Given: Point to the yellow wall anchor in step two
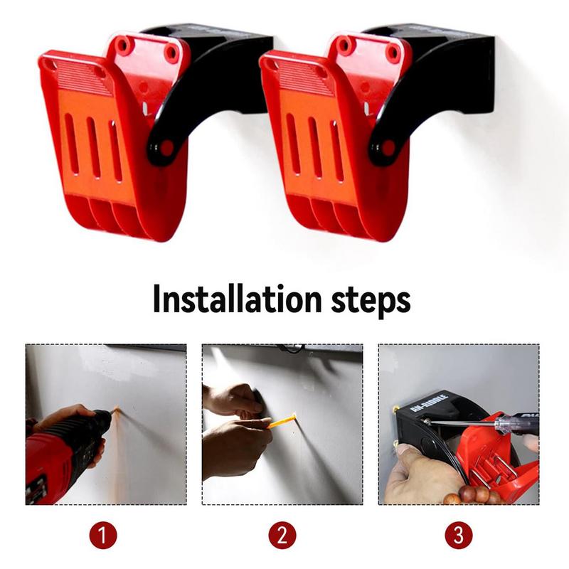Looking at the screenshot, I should [281, 422].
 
